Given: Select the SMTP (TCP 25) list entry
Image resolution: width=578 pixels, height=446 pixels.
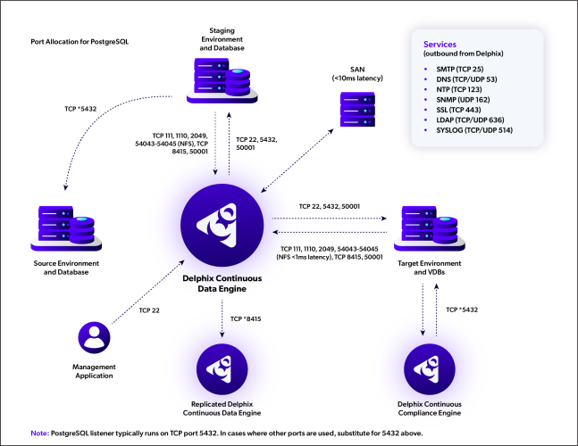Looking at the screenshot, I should pyautogui.click(x=454, y=69).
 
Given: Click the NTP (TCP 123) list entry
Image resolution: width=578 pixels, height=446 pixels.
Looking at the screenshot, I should pyautogui.click(x=454, y=92).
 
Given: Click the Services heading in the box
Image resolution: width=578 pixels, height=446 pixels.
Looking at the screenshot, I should pyautogui.click(x=436, y=43).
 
